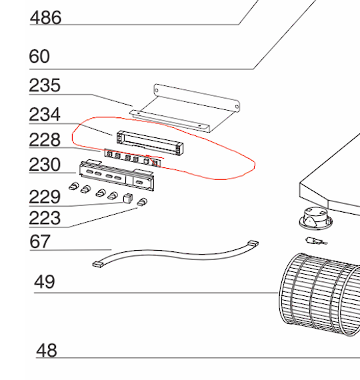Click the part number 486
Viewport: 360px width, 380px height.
coord(45,18)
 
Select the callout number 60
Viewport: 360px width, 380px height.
coord(39,56)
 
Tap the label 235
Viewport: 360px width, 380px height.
coord(45,85)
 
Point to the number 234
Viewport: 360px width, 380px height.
coord(45,115)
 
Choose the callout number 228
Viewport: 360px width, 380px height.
coord(45,140)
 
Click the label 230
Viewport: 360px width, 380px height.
coord(45,165)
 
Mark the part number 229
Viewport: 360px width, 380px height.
coord(45,197)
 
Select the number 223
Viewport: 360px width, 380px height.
coord(45,218)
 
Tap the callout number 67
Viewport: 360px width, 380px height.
coord(40,241)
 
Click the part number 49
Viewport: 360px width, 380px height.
coord(45,281)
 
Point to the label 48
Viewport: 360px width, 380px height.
coord(46,351)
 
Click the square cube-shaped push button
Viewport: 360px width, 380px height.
coord(128,198)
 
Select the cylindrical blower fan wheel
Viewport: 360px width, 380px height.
coord(319,295)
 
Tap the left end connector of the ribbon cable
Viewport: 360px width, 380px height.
coord(98,264)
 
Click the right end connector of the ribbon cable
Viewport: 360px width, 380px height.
coord(253,243)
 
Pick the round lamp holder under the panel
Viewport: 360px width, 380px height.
coord(315,218)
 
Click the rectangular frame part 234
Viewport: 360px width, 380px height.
coord(150,143)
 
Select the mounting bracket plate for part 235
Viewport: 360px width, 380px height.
coord(185,108)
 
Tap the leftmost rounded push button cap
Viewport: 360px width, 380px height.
coord(74,186)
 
